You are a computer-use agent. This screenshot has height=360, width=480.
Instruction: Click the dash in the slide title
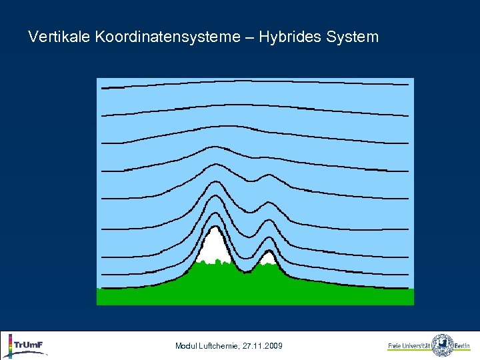(x=249, y=37)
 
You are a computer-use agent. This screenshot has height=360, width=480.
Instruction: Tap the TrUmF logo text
(x=29, y=345)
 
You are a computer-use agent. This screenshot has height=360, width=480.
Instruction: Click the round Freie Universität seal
(x=443, y=345)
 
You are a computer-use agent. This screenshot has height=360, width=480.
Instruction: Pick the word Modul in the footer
(x=186, y=346)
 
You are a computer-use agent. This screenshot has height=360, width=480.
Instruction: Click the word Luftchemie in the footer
(x=221, y=346)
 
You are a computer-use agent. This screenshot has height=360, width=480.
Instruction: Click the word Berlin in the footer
(x=463, y=346)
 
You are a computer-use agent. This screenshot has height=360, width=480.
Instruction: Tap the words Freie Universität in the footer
(x=409, y=346)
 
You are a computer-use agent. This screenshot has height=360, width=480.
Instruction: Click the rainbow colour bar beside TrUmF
(x=9, y=346)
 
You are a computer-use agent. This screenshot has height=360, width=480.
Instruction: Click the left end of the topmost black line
(x=98, y=87)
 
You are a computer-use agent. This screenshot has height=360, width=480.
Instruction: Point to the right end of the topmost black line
(x=407, y=85)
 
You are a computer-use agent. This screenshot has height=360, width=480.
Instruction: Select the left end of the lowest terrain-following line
(x=99, y=288)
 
